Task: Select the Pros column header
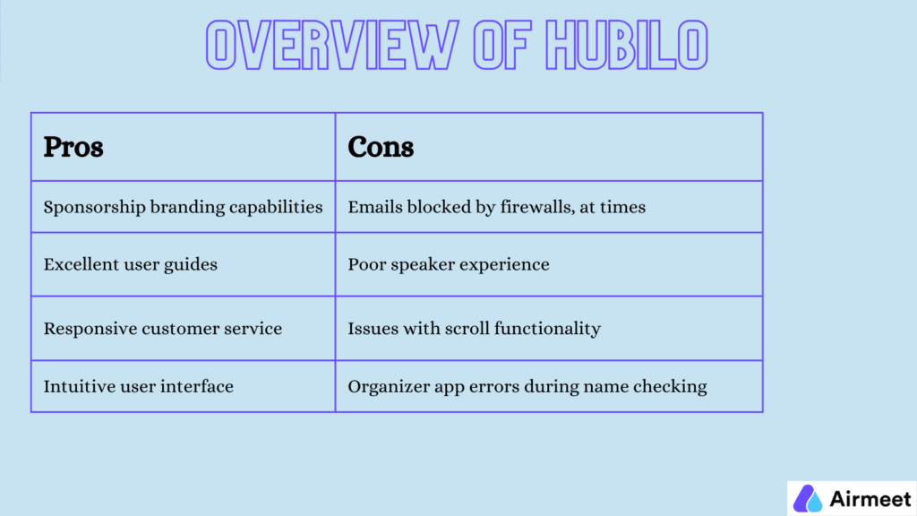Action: [73, 147]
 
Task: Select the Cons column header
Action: [381, 147]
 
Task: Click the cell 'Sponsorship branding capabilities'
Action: [183, 207]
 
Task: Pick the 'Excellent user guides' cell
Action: [130, 264]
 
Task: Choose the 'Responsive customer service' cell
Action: [162, 329]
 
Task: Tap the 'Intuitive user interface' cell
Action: [138, 387]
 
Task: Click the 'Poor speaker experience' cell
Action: [448, 264]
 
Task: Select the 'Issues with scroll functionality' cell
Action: [474, 329]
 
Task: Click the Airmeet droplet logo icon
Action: [809, 498]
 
